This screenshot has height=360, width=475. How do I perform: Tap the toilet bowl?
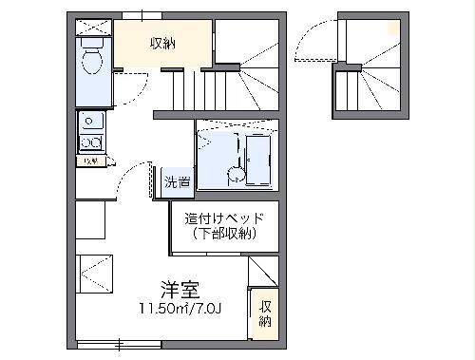[93, 63]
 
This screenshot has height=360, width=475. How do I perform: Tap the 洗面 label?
[177, 181]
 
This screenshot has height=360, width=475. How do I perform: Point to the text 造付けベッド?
[224, 218]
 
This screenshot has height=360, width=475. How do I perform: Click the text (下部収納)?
[224, 234]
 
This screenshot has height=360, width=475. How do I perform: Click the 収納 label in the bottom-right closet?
[265, 314]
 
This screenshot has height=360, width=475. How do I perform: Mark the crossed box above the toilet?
[92, 28]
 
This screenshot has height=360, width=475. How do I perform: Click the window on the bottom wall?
[118, 344]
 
